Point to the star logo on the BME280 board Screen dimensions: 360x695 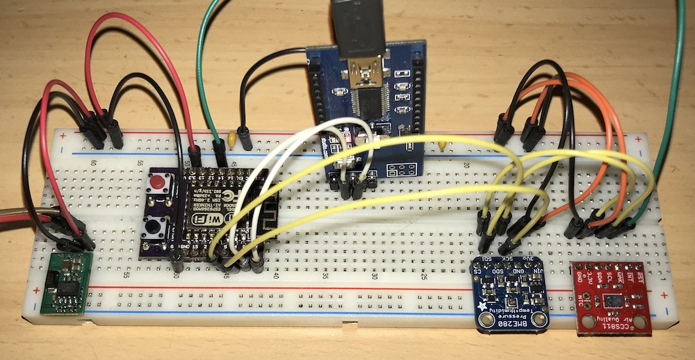484,304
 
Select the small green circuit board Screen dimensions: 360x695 67,281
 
